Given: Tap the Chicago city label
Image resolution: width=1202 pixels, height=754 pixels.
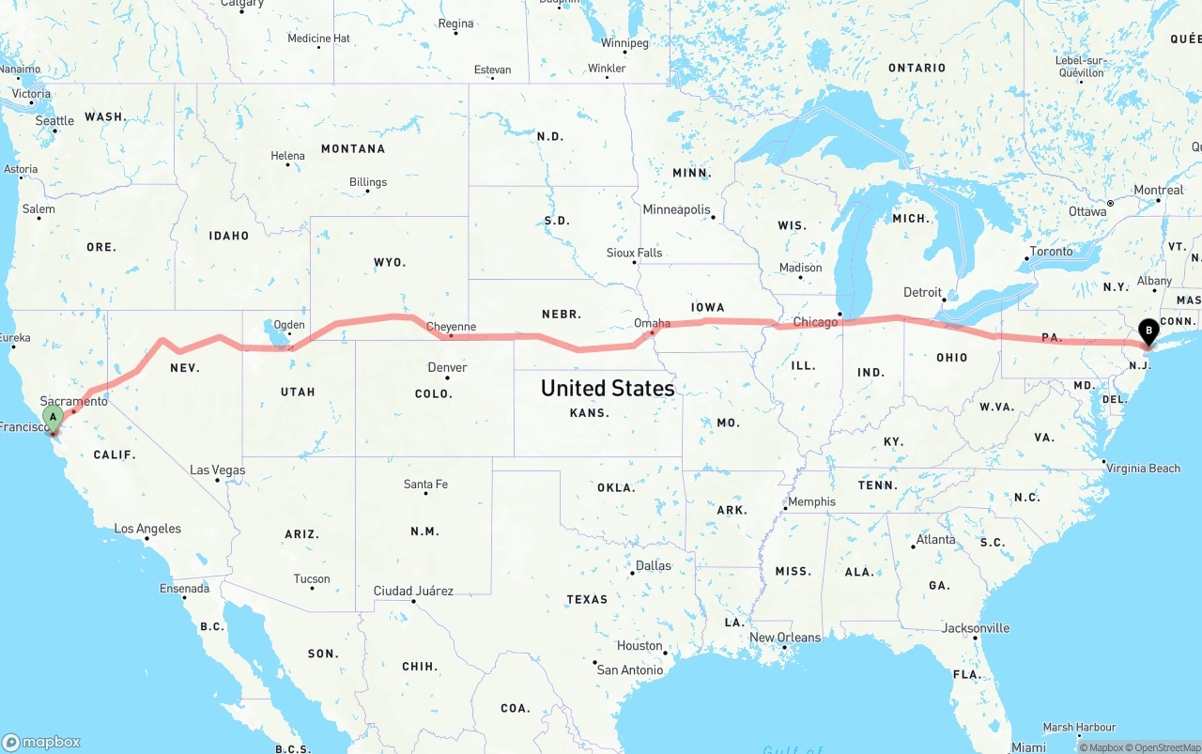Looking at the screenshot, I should [814, 322].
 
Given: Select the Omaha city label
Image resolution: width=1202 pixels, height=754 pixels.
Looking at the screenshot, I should [652, 322].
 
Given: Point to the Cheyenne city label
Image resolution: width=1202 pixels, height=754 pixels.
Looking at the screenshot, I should [451, 327].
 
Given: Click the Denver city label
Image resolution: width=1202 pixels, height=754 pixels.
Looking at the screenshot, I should [447, 367].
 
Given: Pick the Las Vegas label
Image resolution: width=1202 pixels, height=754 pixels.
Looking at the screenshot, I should [217, 469].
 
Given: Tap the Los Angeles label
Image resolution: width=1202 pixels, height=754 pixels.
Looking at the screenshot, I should [147, 529].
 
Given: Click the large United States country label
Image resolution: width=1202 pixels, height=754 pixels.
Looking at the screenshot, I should [608, 388].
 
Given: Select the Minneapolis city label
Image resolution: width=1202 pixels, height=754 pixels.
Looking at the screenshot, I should [676, 209].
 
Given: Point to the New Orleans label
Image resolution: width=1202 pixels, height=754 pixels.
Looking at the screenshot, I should [785, 637].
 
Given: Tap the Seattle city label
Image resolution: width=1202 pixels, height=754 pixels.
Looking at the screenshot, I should [54, 120].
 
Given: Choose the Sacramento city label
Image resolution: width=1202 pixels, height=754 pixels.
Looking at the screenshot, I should [73, 401].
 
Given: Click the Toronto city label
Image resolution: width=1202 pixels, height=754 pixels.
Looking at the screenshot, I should [1051, 252].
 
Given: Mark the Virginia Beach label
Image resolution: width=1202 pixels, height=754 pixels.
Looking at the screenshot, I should [1143, 468].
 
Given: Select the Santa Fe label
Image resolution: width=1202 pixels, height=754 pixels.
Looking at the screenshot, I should [425, 485].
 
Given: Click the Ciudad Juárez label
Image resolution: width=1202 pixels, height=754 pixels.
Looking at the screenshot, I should [413, 591].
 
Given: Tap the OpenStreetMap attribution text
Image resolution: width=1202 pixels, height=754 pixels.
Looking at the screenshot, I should [1161, 747].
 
